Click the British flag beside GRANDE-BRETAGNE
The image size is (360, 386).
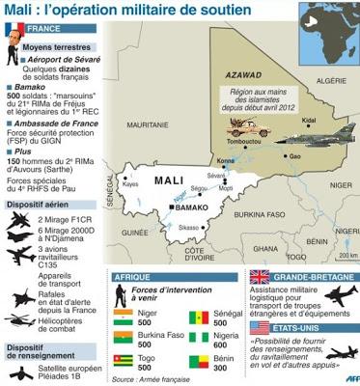point(259,277)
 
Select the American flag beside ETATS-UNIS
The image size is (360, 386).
point(259,328)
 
